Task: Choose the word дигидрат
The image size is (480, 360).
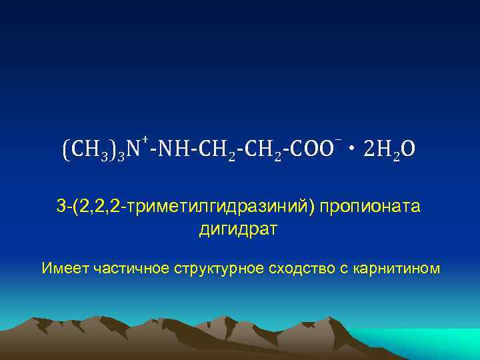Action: [239, 230]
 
